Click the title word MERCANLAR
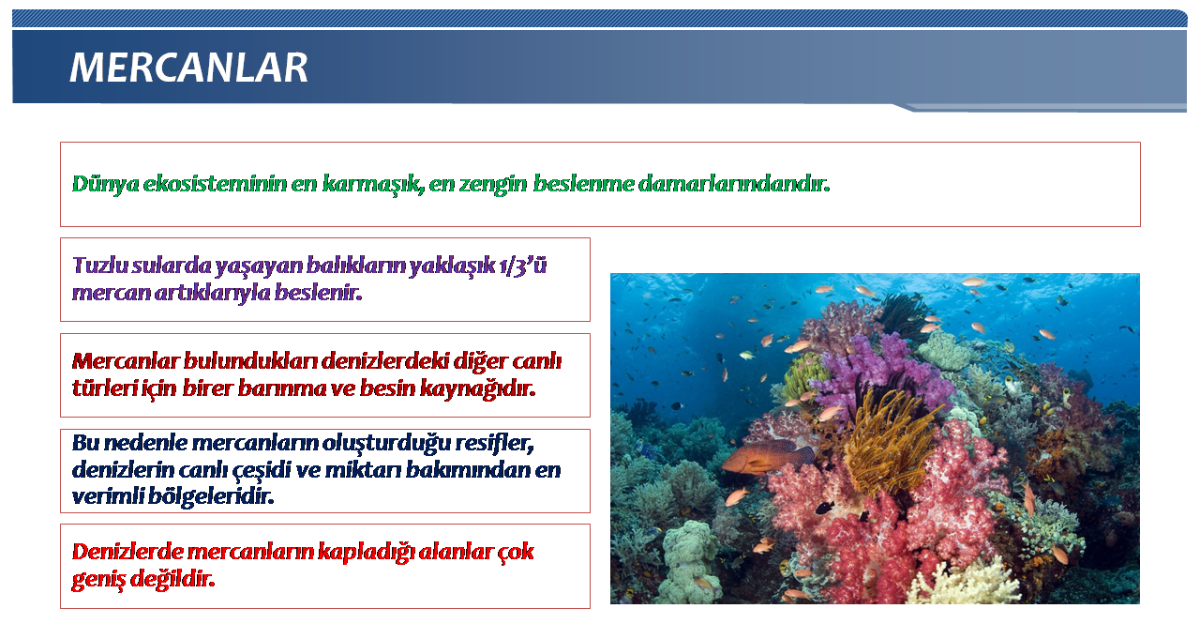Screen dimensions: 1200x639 click(188, 68)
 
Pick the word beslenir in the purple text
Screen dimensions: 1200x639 click(318, 293)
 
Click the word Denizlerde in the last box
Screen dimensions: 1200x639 click(127, 552)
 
